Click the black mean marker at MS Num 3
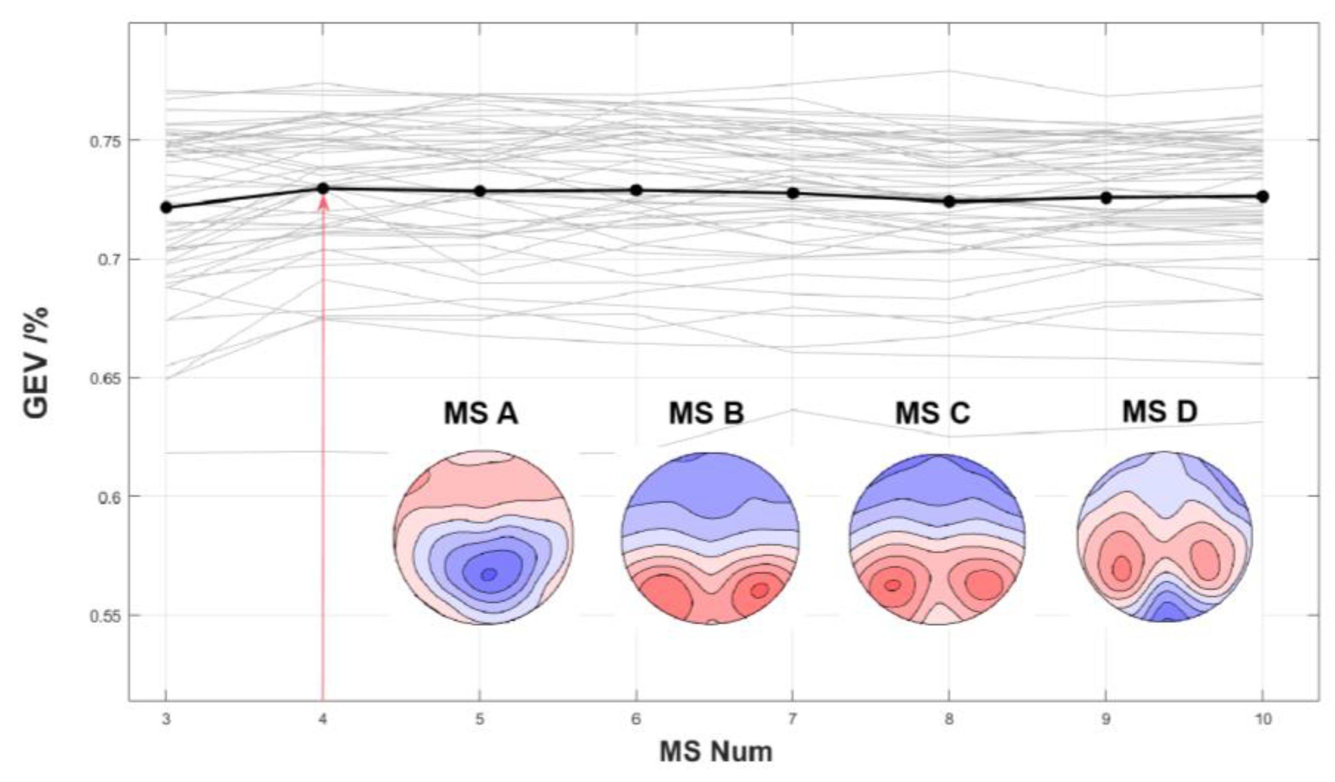pyautogui.click(x=166, y=207)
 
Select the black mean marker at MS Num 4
pyautogui.click(x=323, y=188)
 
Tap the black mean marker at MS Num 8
pyautogui.click(x=949, y=201)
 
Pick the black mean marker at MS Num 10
pyautogui.click(x=1263, y=196)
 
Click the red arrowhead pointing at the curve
pyautogui.click(x=323, y=203)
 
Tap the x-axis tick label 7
pyautogui.click(x=792, y=719)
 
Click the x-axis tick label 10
pyautogui.click(x=1263, y=719)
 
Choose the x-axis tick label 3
pyautogui.click(x=166, y=719)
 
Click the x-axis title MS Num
pyautogui.click(x=716, y=752)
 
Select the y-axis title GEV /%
pyautogui.click(x=36, y=363)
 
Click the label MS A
pyautogui.click(x=481, y=414)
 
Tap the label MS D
pyautogui.click(x=1160, y=412)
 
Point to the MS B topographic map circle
pyautogui.click(x=710, y=538)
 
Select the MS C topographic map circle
pyautogui.click(x=937, y=539)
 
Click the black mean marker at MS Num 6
pyautogui.click(x=636, y=190)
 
